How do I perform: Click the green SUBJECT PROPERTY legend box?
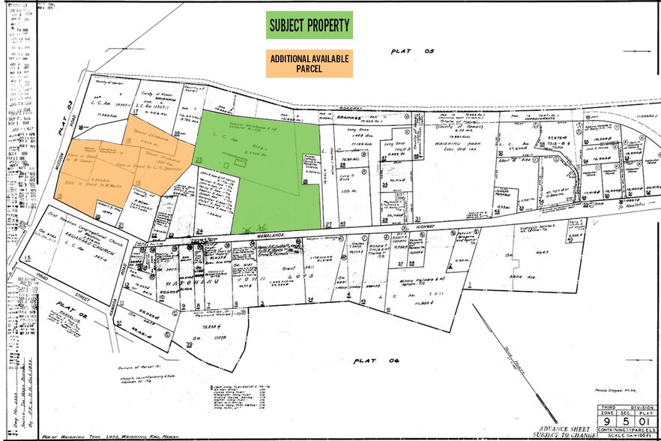[310, 25]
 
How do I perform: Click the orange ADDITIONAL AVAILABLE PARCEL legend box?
[310, 64]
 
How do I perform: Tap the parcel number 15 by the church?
[28, 258]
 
